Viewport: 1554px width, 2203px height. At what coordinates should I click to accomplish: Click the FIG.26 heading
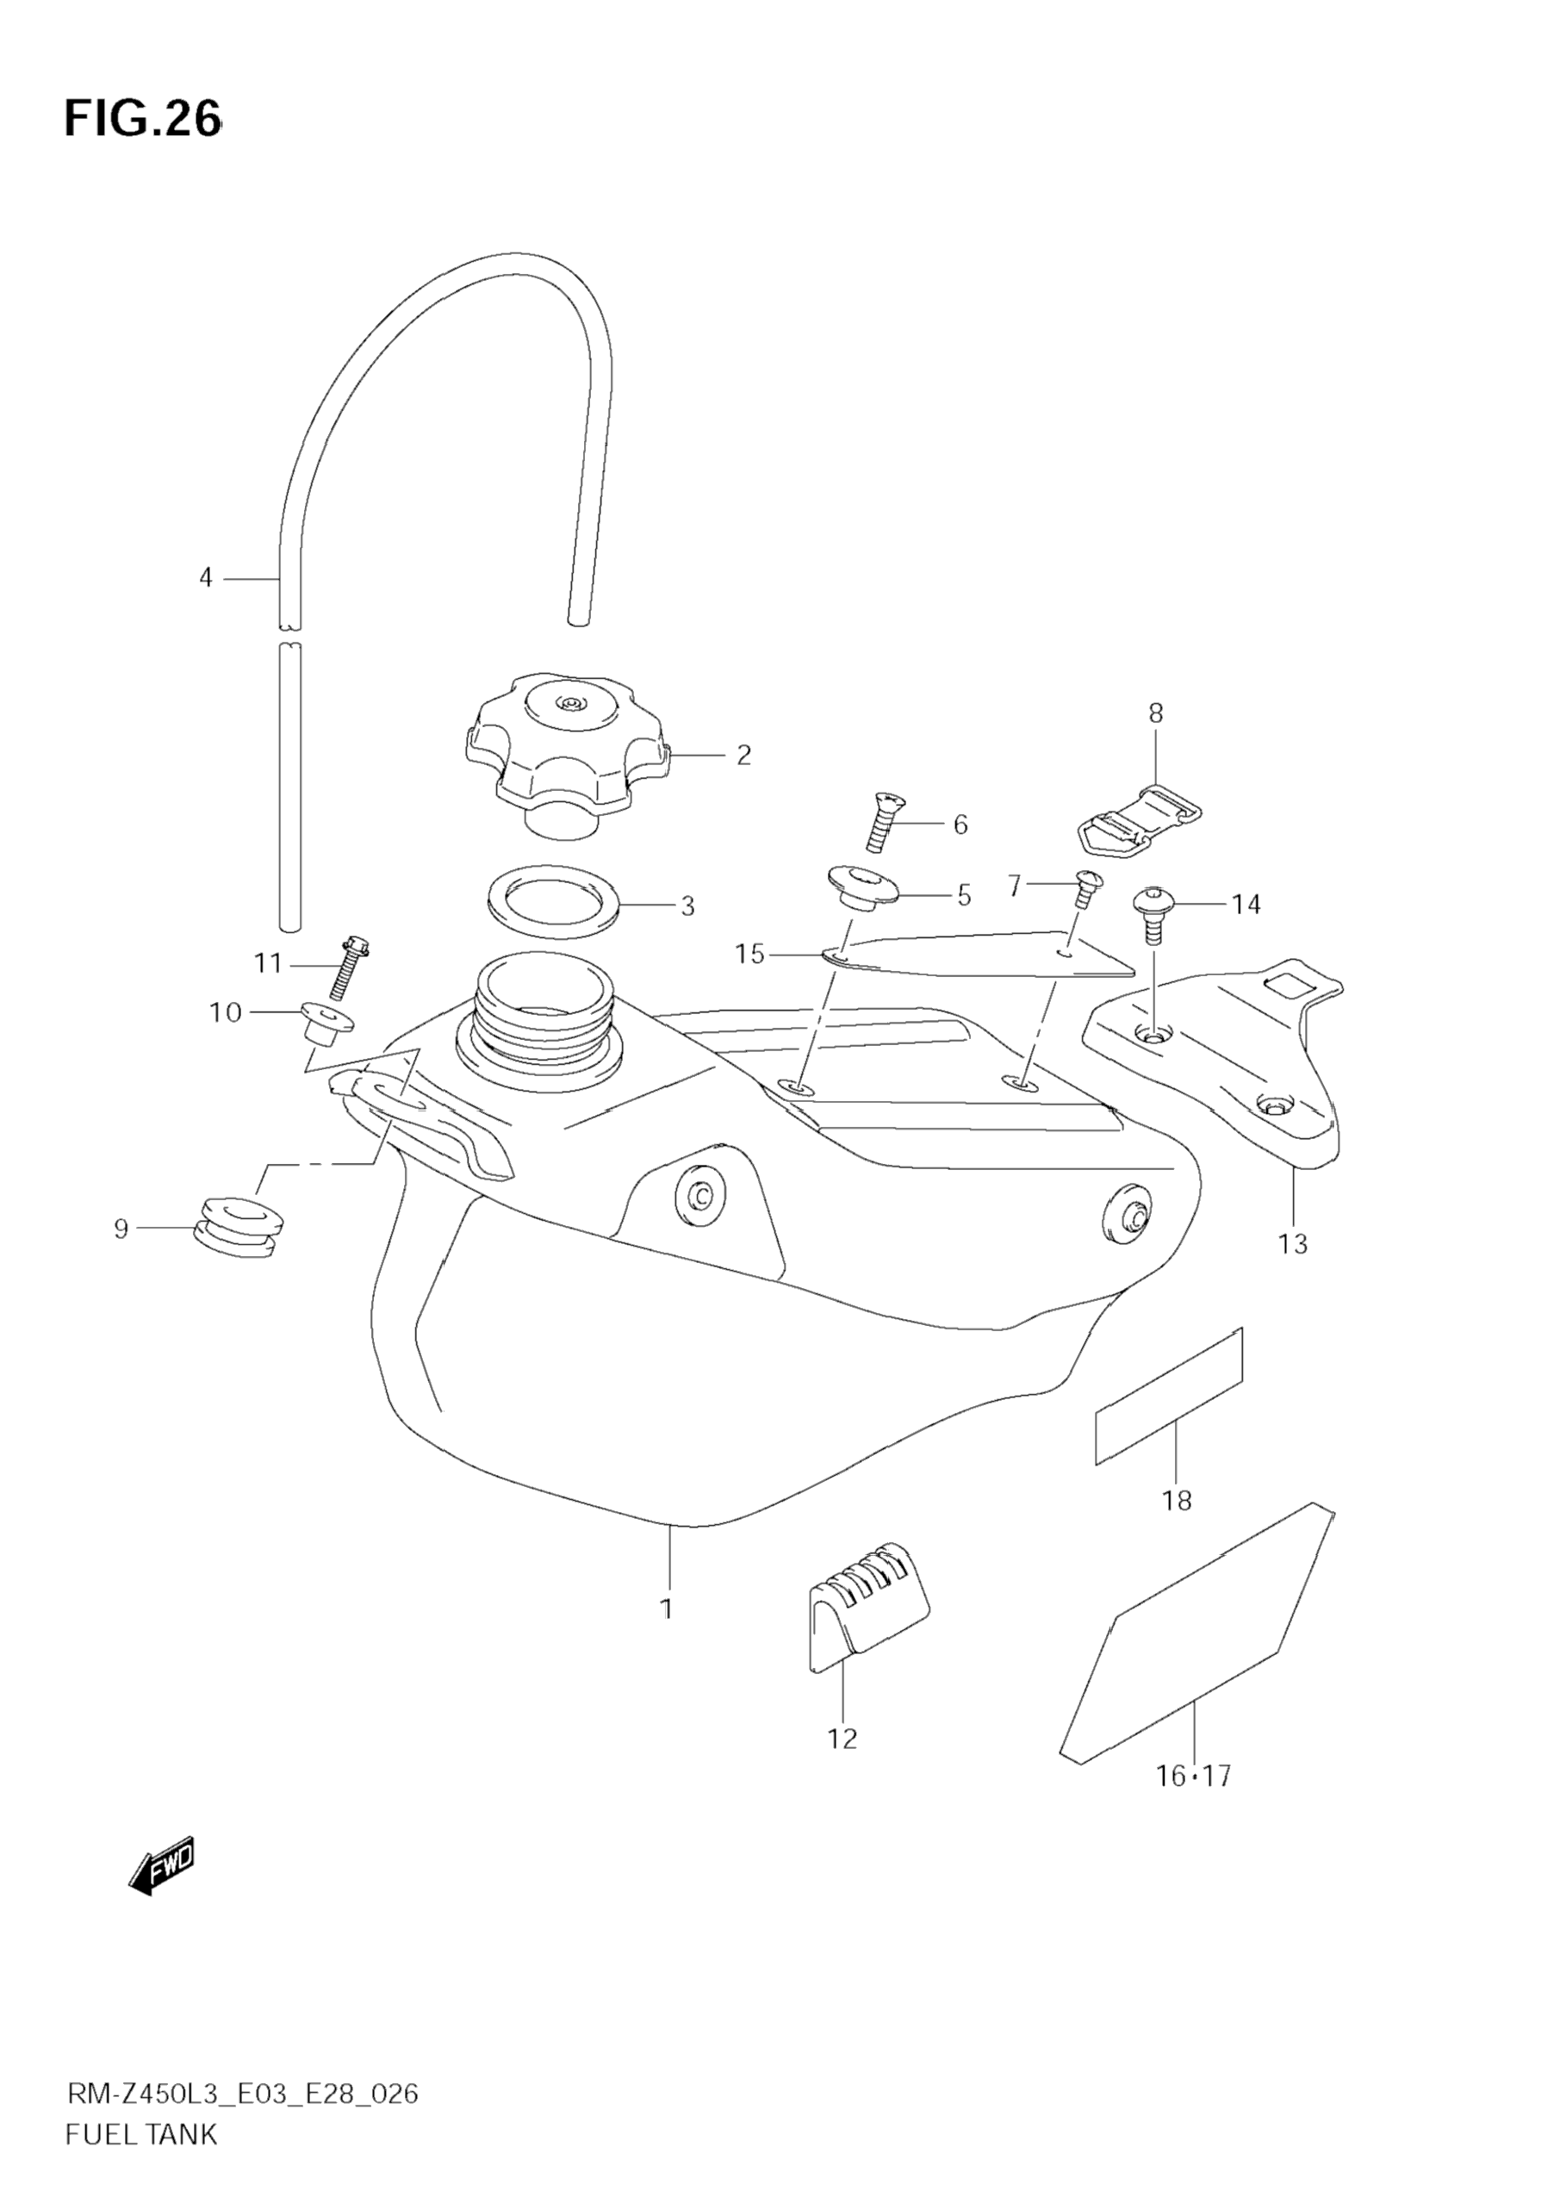point(142,120)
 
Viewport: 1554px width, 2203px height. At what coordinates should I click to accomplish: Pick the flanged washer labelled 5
point(861,887)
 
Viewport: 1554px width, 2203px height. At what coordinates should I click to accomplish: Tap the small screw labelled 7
point(1088,887)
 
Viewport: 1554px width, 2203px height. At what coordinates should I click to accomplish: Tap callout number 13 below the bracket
point(1292,1244)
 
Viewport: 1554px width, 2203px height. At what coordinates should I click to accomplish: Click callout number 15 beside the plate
point(749,954)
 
